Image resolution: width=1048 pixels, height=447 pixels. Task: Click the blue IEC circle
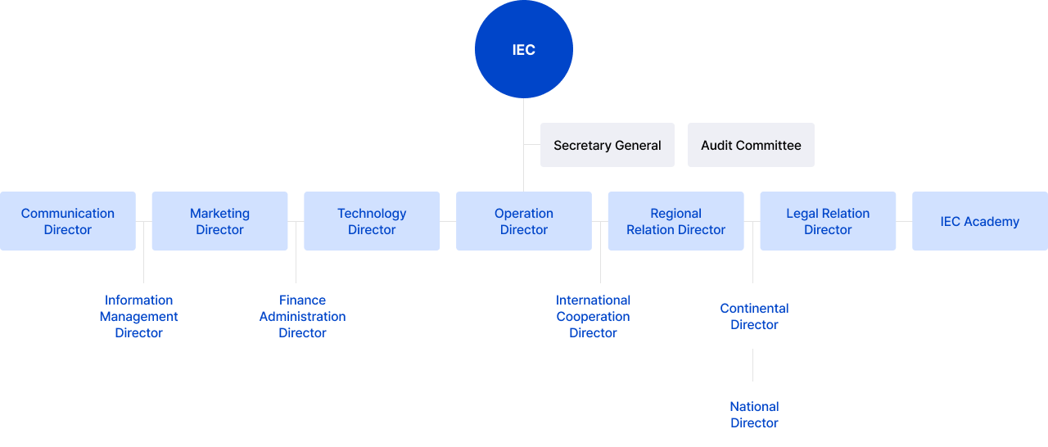(524, 49)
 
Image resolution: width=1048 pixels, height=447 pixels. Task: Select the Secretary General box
(607, 145)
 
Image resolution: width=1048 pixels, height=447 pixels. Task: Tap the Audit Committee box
(751, 145)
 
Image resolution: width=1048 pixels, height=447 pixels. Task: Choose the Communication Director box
(68, 221)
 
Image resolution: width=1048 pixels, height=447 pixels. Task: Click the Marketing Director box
(219, 221)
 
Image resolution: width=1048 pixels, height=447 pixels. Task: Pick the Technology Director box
(372, 221)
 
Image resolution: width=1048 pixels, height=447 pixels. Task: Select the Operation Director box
(524, 221)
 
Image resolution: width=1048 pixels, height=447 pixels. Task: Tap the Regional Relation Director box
(675, 221)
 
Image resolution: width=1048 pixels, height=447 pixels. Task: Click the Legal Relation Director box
(828, 221)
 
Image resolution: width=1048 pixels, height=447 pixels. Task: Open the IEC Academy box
(979, 221)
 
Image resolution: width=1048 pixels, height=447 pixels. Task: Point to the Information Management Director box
(139, 316)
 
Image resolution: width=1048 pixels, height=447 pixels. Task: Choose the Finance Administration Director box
(303, 316)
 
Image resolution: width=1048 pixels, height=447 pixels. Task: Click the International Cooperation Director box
(594, 316)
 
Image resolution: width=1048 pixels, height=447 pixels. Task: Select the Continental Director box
(754, 316)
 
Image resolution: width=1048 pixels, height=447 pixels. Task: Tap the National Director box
(754, 414)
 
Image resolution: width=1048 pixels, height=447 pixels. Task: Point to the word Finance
(302, 300)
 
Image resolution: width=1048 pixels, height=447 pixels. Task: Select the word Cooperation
(594, 317)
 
